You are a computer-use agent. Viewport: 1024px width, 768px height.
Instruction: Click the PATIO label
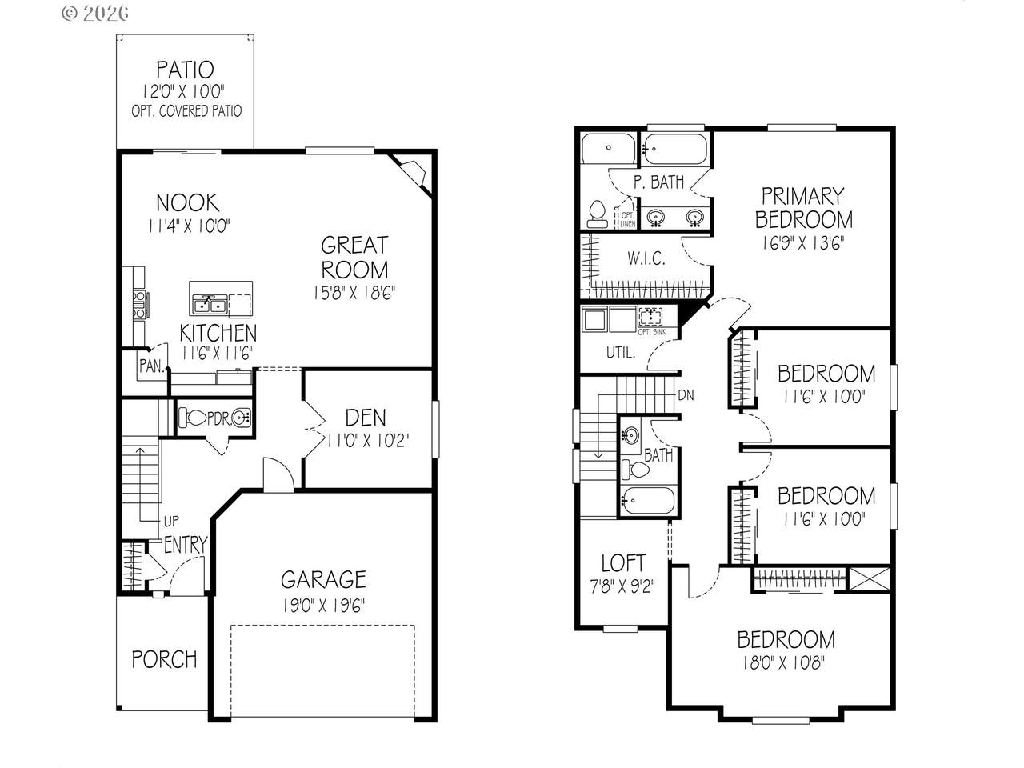coord(185,70)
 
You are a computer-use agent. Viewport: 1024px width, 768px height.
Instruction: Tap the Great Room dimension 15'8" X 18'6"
coord(354,293)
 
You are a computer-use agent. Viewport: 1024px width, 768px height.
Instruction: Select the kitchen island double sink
coord(210,306)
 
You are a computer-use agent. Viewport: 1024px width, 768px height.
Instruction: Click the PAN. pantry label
coord(152,366)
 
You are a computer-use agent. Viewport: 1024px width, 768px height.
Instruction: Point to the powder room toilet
coord(192,418)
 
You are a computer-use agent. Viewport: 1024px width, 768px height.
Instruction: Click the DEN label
coord(366,418)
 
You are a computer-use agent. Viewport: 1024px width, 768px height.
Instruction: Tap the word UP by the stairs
coord(171,521)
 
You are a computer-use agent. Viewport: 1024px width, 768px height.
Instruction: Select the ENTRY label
coord(186,545)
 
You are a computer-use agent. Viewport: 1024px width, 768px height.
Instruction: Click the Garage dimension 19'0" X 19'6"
coord(323,606)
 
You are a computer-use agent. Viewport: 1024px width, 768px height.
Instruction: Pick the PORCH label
coord(164,659)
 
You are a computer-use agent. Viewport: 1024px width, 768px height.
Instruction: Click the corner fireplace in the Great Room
coord(410,174)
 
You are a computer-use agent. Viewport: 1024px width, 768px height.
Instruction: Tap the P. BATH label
coord(658,182)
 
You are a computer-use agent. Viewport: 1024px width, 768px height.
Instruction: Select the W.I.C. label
coord(646,258)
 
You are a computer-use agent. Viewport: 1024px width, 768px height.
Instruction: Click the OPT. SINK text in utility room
coord(652,332)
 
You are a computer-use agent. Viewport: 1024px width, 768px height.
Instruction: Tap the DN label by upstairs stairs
coord(686,395)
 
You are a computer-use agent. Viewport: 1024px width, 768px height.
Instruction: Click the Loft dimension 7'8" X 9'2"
coord(622,586)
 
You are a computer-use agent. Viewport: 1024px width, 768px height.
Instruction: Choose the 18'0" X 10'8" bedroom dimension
coord(784,662)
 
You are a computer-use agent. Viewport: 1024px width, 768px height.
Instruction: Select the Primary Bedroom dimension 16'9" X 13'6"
coord(803,243)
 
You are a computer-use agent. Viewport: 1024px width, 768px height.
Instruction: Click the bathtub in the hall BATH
coord(649,500)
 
